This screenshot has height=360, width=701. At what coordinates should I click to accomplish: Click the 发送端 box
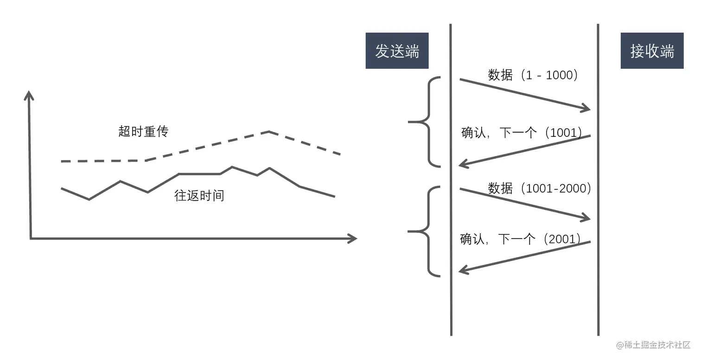click(x=397, y=51)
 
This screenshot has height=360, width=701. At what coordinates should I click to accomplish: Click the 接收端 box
click(x=652, y=51)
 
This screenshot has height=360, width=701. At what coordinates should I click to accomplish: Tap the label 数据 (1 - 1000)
click(x=533, y=75)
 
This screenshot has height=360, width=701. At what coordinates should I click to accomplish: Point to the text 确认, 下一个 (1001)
click(x=522, y=133)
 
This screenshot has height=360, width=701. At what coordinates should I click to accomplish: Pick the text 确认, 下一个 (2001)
click(x=521, y=239)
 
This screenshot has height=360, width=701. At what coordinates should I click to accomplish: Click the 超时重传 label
click(x=143, y=131)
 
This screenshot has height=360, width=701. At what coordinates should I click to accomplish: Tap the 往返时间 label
click(x=199, y=195)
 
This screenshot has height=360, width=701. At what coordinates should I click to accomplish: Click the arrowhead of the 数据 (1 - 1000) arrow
click(x=588, y=110)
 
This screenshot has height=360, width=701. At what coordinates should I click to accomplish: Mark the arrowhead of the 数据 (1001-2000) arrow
click(x=588, y=219)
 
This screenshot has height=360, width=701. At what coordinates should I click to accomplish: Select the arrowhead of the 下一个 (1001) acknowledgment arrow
click(x=461, y=164)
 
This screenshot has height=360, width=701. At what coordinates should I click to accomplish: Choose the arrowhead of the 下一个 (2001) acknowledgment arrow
click(x=461, y=271)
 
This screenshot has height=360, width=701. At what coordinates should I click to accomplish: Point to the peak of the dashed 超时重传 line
click(x=269, y=132)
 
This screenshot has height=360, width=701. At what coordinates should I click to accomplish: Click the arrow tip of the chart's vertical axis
click(x=29, y=93)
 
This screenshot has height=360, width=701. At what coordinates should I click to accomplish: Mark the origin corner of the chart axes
click(x=31, y=238)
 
